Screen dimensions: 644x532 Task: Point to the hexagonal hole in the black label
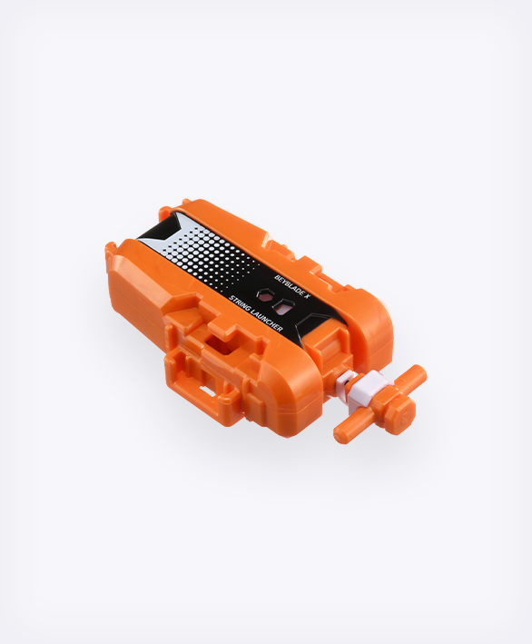pyautogui.click(x=266, y=297)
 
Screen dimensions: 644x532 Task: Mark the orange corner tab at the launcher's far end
pyautogui.click(x=111, y=247)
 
